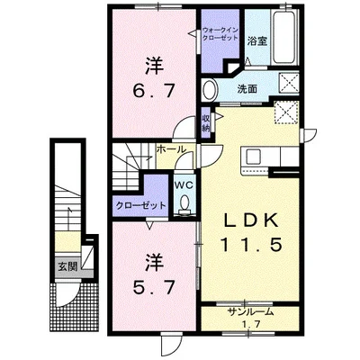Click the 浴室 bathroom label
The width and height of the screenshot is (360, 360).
pos(257,41)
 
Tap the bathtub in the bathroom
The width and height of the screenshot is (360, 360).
pos(284,37)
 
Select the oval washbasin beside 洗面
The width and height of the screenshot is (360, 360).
pos(210,89)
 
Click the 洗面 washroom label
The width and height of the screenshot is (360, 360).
pos(247,89)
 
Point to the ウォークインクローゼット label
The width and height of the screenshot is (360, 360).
pos(220,34)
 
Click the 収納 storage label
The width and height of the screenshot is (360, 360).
pos(206,123)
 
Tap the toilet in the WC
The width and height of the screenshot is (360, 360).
pos(184,204)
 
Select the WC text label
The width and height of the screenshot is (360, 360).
pos(184,185)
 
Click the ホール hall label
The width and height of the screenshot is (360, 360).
pos(171,148)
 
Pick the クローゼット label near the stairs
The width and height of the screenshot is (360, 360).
pos(140,205)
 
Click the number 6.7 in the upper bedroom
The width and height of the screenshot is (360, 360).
pos(154,91)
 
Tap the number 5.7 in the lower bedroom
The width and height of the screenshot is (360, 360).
pos(154,288)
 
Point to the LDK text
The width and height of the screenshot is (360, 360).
pos(250,221)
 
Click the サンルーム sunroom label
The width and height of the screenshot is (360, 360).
pos(251,312)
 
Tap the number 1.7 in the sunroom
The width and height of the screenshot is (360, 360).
pos(251,324)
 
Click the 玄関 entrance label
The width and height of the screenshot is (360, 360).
pos(67,266)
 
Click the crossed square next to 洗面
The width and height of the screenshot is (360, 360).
pos(289,82)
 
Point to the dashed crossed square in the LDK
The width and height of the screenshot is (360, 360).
pos(286,112)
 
